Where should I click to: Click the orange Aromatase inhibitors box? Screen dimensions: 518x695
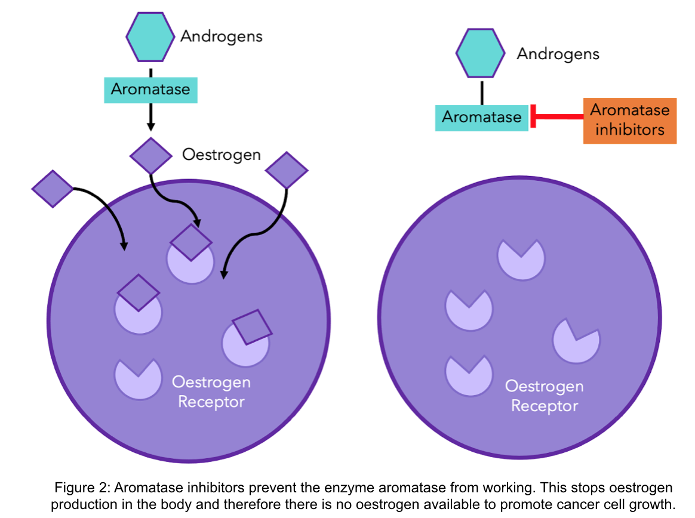(629, 121)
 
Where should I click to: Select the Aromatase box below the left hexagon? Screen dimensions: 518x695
(150, 90)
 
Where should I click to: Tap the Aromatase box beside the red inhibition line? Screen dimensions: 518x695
(481, 118)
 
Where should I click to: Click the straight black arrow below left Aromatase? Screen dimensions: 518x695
(150, 117)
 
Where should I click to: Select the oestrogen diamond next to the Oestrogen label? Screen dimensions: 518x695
(151, 156)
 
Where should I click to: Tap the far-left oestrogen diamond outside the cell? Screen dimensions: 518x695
(52, 188)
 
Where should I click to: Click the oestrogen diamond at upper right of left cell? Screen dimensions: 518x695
(287, 171)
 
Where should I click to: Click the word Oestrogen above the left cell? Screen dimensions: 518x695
(222, 155)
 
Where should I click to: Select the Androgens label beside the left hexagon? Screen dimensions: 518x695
(222, 36)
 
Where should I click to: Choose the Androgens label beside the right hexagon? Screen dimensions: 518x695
(558, 54)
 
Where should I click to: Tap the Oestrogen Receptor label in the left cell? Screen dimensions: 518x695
(211, 391)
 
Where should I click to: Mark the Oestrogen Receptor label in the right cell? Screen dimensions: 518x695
(545, 396)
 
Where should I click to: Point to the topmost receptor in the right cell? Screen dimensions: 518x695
(521, 260)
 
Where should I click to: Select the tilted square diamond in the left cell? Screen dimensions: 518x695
(251, 327)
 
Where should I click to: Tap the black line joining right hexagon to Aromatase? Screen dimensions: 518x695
(481, 91)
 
